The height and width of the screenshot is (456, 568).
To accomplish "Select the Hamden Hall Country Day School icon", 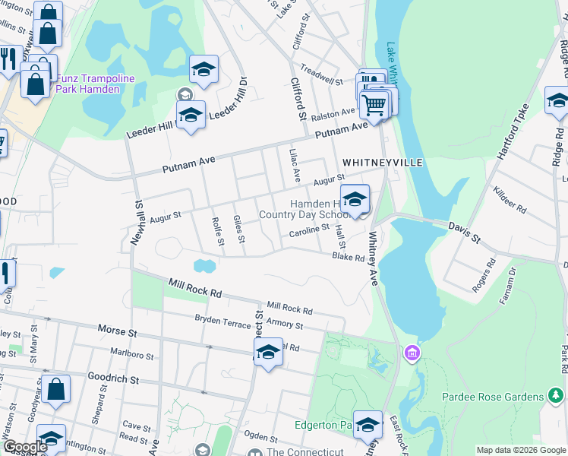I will [x=355, y=200].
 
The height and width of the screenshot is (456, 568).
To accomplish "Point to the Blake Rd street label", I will [x=349, y=258].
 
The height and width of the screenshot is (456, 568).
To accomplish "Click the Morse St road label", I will [x=116, y=331].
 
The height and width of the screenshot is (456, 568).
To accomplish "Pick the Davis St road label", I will [x=464, y=233].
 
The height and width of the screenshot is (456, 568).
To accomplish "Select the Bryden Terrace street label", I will [x=222, y=321].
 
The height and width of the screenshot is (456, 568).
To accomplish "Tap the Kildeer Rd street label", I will [x=510, y=199].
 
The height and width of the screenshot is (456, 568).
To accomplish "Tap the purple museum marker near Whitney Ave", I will [x=412, y=353].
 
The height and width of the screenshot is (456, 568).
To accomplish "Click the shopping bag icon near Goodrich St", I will [x=56, y=390].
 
